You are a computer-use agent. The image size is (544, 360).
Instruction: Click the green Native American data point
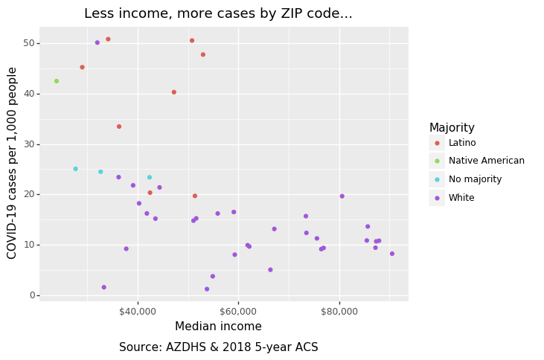click(57, 81)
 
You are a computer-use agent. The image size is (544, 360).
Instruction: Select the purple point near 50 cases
click(97, 42)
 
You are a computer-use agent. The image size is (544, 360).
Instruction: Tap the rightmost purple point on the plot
click(392, 254)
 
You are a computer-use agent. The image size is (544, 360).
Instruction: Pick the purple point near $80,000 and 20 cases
click(342, 196)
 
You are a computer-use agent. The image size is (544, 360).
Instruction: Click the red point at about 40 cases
click(174, 92)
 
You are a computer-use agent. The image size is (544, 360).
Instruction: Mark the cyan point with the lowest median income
click(75, 169)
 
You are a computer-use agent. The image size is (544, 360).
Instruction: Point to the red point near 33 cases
click(119, 126)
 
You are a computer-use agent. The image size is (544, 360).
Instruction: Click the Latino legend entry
click(461, 143)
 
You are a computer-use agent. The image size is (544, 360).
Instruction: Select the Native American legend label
click(486, 161)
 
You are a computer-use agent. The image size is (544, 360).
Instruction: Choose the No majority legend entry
click(475, 179)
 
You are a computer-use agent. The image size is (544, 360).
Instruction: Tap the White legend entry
click(461, 198)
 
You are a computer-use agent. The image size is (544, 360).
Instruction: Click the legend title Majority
click(452, 128)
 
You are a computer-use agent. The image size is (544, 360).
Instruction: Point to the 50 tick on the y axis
click(29, 43)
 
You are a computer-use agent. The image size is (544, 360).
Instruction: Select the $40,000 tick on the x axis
click(138, 309)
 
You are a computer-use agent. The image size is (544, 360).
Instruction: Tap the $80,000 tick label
click(339, 309)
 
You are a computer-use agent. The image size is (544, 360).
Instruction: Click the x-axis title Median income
click(218, 327)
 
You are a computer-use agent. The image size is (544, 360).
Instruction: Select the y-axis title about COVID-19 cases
click(13, 163)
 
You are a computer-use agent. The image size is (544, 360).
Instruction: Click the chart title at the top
click(218, 13)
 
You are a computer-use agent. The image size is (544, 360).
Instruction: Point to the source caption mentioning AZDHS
click(218, 347)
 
